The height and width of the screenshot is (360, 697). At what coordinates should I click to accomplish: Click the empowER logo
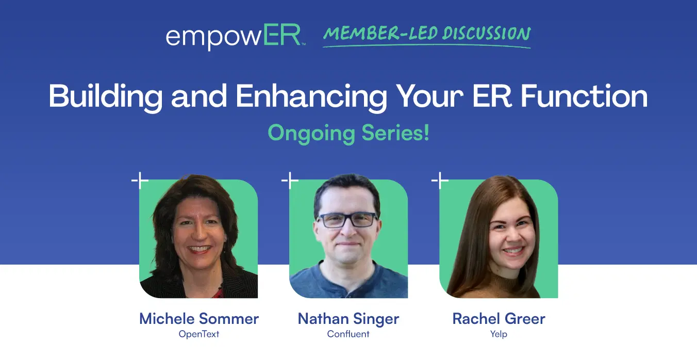(x=236, y=37)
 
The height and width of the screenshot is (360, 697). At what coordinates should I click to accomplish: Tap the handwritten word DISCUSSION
(x=487, y=34)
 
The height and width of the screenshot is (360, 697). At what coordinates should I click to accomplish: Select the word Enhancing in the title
(x=311, y=96)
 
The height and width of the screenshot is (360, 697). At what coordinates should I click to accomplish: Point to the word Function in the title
(x=585, y=96)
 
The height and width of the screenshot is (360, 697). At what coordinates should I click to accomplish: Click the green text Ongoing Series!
(x=348, y=133)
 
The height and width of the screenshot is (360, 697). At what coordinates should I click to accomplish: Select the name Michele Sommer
(x=199, y=319)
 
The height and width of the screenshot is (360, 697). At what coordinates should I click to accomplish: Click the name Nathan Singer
(x=348, y=319)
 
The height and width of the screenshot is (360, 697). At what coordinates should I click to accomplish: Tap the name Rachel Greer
(x=499, y=319)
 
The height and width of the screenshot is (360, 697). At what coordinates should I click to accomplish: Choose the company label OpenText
(x=199, y=334)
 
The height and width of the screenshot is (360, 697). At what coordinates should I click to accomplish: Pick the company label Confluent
(x=348, y=334)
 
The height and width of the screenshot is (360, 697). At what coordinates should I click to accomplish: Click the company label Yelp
(x=499, y=334)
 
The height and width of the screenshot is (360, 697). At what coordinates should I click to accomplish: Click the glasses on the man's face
(x=347, y=220)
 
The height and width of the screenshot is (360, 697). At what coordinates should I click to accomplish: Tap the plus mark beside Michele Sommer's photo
(x=140, y=181)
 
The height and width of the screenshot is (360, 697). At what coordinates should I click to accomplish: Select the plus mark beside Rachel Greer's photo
(x=440, y=181)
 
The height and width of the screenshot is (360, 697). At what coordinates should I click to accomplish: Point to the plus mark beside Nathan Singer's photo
(x=290, y=181)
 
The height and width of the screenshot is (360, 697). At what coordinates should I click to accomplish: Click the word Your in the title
(x=430, y=96)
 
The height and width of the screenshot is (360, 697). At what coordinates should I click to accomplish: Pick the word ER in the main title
(x=492, y=96)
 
